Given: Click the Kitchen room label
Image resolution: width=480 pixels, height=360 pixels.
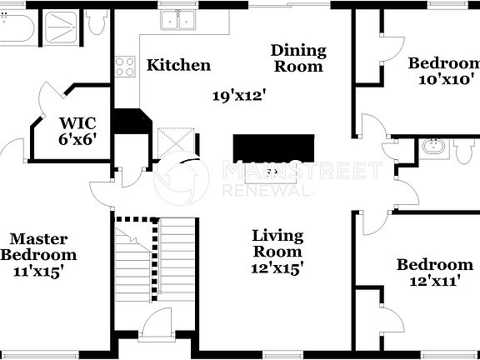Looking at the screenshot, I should coord(178,65).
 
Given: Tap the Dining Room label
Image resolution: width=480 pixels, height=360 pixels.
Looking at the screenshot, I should coord(297,58).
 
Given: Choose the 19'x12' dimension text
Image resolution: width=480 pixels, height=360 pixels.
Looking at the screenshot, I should coord(237,96).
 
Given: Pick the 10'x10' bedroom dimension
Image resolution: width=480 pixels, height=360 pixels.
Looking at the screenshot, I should coord(444,80).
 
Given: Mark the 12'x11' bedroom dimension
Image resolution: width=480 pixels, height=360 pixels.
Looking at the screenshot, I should coord(434,282).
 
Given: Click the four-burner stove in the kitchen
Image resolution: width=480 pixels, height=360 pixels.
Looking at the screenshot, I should coord(125,66).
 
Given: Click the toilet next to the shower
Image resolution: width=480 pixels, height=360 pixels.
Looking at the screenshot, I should coord(97,22).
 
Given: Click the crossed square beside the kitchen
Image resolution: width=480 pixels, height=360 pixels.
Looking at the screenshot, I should coord(176,142).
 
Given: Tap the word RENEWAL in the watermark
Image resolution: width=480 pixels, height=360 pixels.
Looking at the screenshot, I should coord(267,191).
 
